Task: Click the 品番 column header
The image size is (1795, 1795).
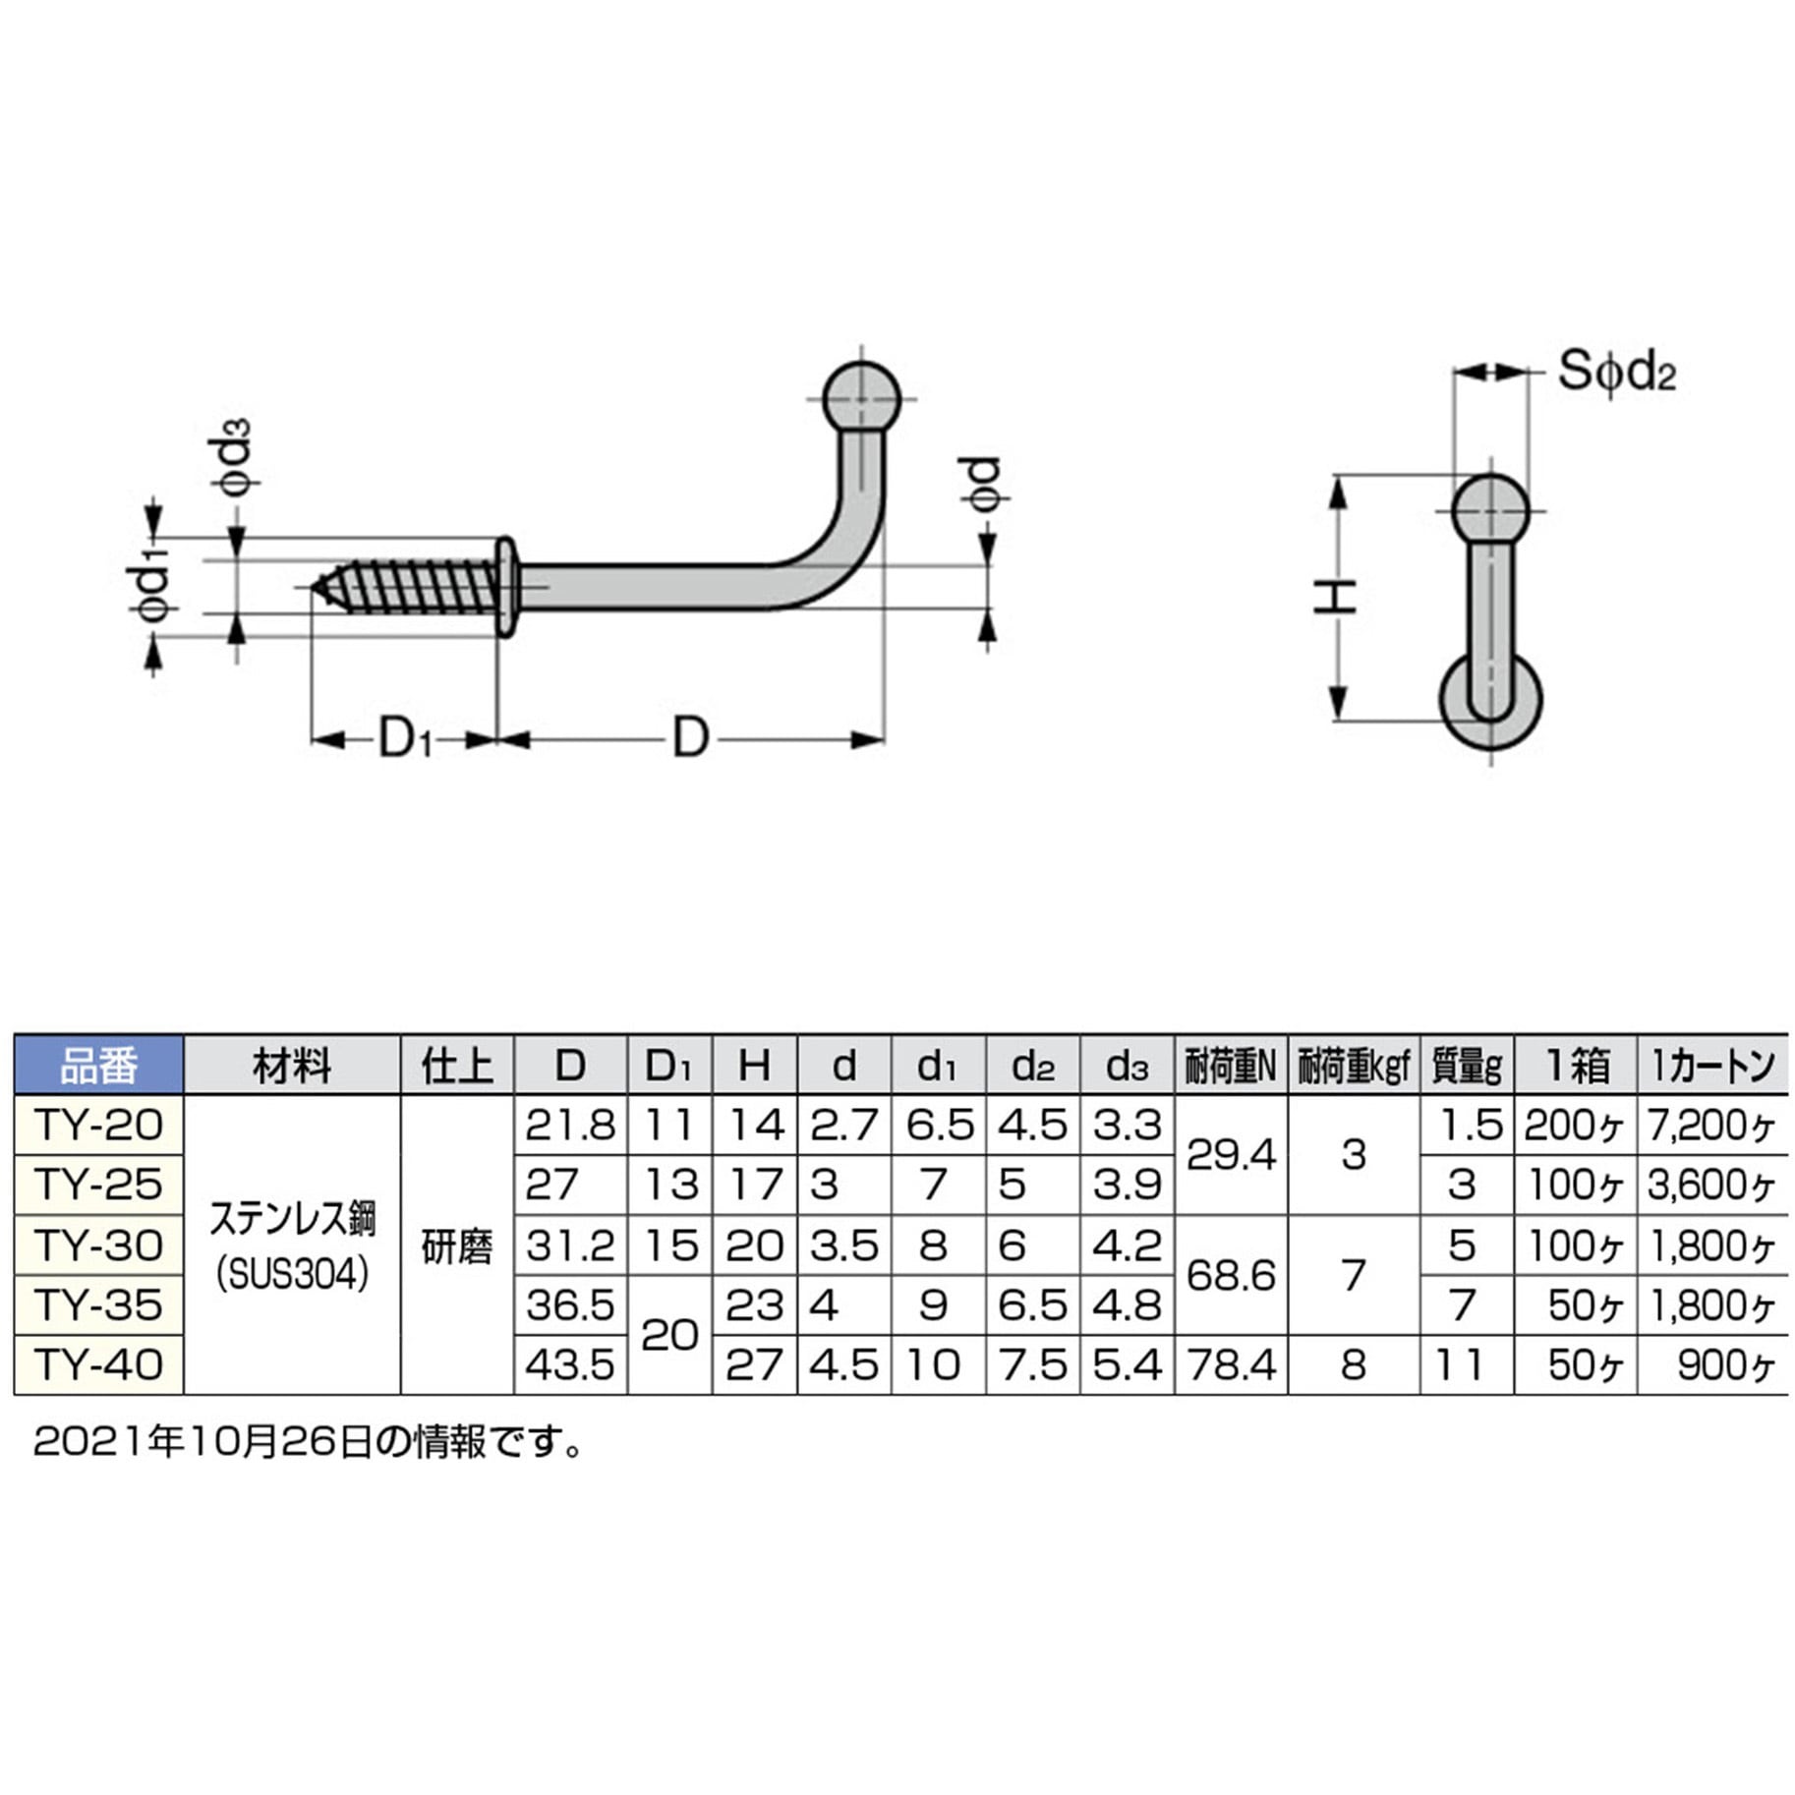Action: [x=99, y=1065]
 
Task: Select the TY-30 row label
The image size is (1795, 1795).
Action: [x=99, y=1245]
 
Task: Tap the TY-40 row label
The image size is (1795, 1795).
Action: [x=99, y=1364]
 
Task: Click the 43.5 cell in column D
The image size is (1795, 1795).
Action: [x=570, y=1364]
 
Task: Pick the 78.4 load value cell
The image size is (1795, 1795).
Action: [x=1231, y=1364]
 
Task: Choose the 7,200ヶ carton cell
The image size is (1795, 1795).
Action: [x=1711, y=1126]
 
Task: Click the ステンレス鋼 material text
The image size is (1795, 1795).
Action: [x=293, y=1219]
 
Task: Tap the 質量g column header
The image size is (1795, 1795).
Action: [x=1467, y=1065]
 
